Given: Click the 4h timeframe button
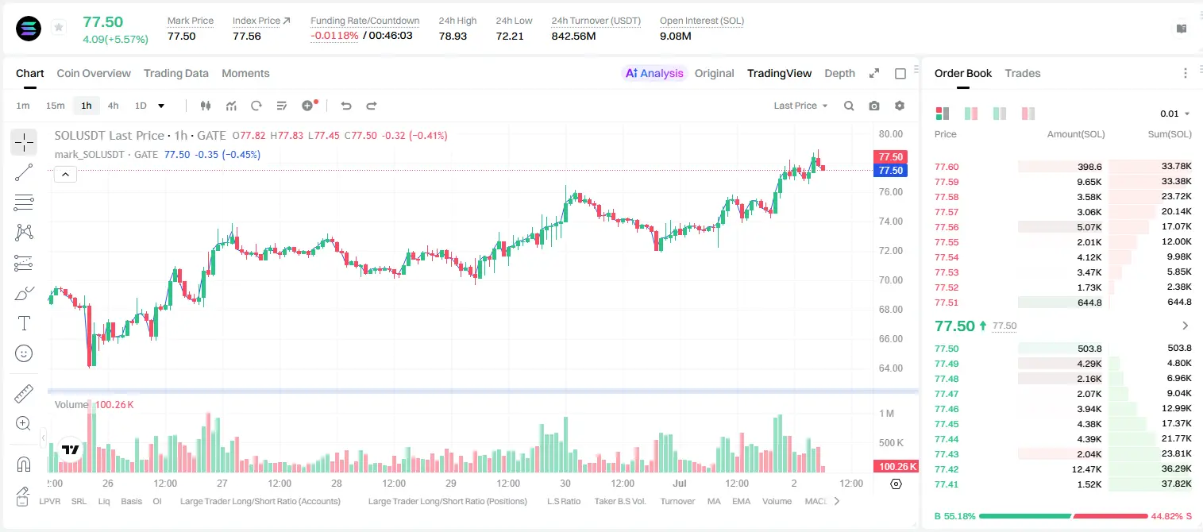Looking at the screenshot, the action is pos(113,106).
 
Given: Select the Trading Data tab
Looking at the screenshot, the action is pos(176,74).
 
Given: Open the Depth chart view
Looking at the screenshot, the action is pos(839,74).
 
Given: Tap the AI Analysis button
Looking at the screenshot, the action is pos(654,74).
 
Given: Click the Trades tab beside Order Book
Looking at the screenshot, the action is pos(1023,74).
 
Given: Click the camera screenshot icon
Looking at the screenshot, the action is pos(874,106).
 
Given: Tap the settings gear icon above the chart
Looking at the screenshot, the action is pos(900,106).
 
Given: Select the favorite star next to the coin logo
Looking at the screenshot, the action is pos(59,27).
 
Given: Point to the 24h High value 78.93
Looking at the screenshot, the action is pos(453,36).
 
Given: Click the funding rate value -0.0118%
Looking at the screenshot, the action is pos(334,36).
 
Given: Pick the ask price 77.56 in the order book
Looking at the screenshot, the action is pos(947,227).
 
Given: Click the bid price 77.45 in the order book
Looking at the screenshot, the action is pos(947,424).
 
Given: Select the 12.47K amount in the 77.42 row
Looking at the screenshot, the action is pos(1086,469).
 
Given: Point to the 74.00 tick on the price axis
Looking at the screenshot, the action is pos(890,222).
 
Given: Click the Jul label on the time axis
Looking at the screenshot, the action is pos(680,483).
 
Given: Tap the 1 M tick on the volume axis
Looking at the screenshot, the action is pos(887,414).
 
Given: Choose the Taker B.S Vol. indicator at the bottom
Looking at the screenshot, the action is pos(619,501).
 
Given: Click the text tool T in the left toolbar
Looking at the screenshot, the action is pos(24,323).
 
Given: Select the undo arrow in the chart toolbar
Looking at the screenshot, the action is pos(346,106).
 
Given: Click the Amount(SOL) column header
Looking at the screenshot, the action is pos(1076,134).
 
